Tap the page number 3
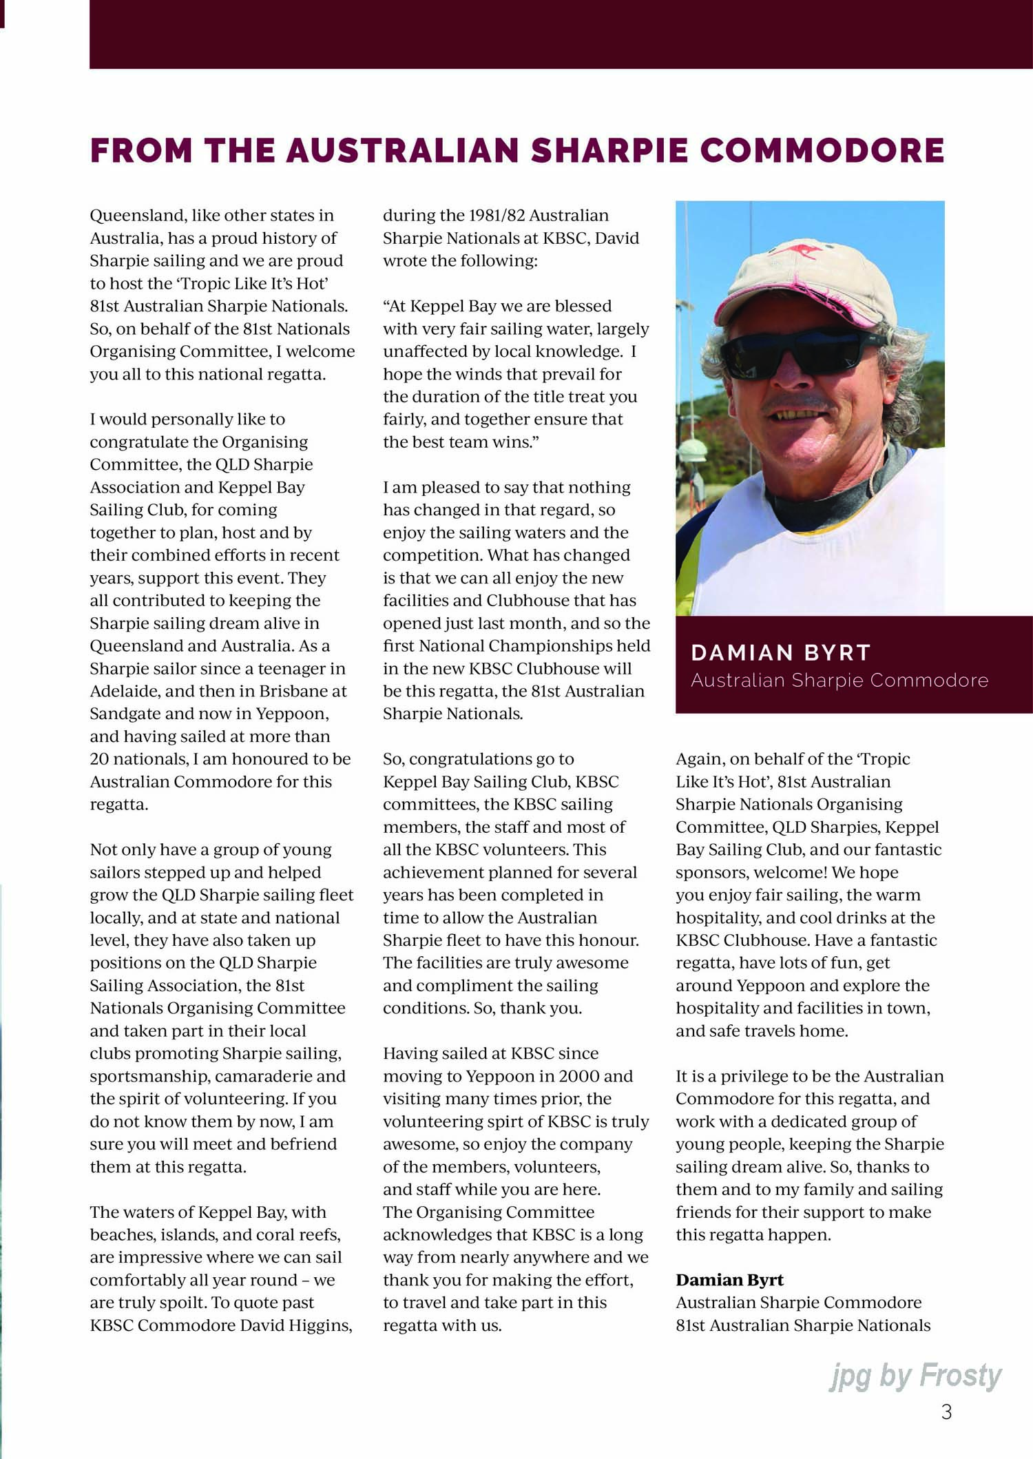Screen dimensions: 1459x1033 coord(946,1412)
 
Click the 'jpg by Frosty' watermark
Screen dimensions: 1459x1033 coord(915,1376)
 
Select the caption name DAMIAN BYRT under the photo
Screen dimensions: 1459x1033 coord(781,652)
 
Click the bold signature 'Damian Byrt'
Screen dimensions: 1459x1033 coord(729,1280)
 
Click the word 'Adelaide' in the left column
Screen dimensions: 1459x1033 coord(121,691)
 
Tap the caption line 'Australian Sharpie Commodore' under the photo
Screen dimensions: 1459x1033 coord(839,681)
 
